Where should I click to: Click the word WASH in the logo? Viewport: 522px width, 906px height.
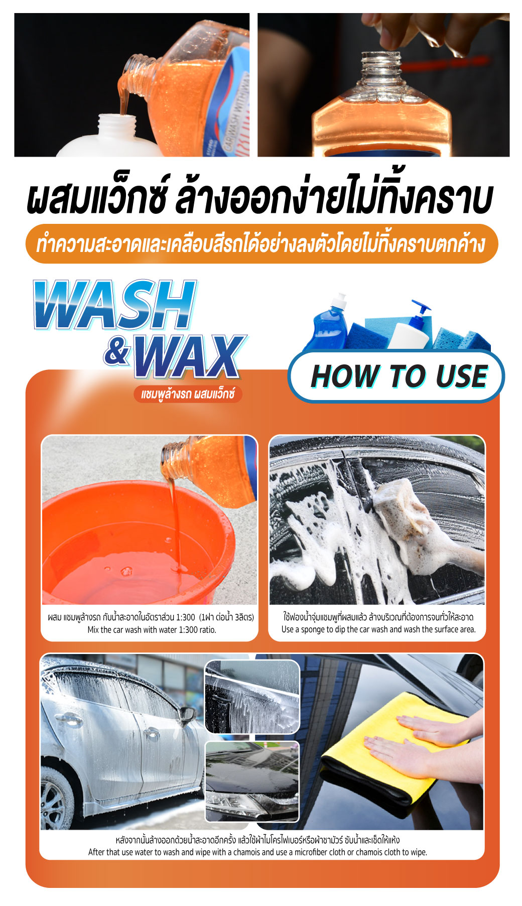[x=114, y=305]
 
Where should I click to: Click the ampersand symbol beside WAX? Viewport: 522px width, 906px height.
[x=117, y=351]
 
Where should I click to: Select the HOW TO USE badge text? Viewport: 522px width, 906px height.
[x=399, y=376]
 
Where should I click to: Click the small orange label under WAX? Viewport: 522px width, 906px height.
[x=188, y=394]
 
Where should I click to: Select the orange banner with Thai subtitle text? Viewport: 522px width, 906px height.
[x=262, y=244]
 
